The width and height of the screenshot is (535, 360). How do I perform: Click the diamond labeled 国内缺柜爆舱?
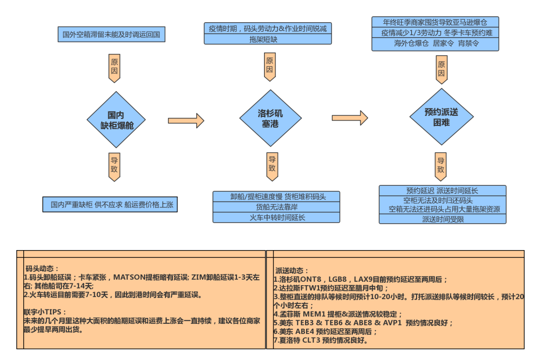click(116, 119)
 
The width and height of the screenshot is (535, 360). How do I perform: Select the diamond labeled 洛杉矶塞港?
click(270, 118)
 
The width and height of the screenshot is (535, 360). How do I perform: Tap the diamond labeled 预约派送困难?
click(441, 117)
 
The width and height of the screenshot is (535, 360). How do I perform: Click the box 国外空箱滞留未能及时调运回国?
click(111, 35)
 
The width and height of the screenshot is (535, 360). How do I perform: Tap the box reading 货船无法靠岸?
click(276, 207)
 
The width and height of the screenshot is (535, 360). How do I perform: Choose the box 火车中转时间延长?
click(276, 217)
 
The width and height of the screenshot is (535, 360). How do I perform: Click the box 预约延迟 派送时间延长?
click(442, 191)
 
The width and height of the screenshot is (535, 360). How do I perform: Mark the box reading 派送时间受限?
click(442, 219)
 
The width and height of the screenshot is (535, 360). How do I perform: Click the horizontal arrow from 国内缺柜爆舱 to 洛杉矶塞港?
click(186, 120)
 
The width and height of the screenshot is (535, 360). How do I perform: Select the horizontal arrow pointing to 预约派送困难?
click(349, 118)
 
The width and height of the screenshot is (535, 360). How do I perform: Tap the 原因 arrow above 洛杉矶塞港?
click(269, 65)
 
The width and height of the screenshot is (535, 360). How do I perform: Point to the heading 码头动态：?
click(43, 268)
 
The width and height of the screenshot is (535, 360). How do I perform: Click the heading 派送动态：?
click(293, 270)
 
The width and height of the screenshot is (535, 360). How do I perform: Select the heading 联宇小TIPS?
click(45, 312)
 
